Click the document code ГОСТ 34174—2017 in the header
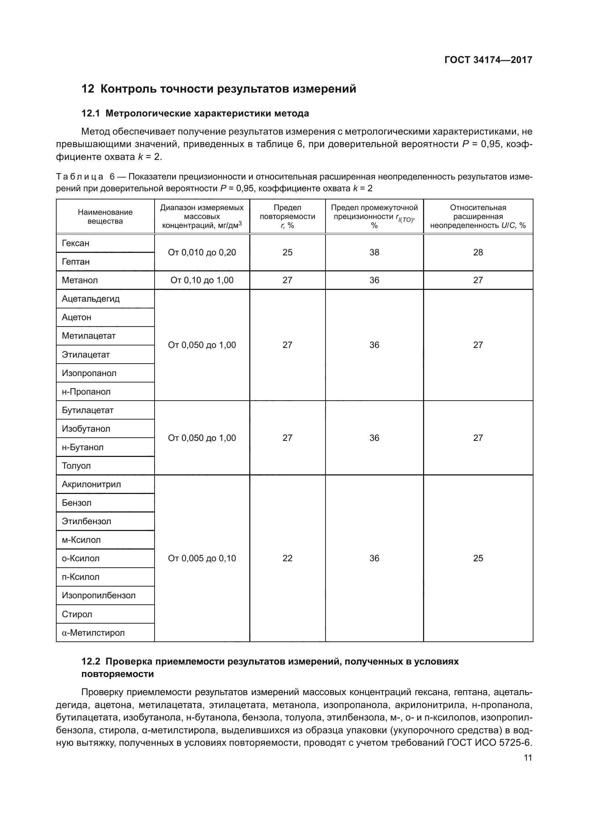click(x=488, y=60)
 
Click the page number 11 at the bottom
click(x=528, y=758)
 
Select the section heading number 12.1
click(x=90, y=114)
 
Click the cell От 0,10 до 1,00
click(x=202, y=280)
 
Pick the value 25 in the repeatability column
click(x=287, y=252)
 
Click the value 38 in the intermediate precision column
click(x=374, y=252)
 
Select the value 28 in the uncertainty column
click(x=478, y=252)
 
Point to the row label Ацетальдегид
click(x=90, y=299)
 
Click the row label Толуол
click(x=76, y=466)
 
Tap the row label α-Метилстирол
click(x=93, y=633)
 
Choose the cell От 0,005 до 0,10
click(x=202, y=558)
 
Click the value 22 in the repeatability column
click(x=287, y=558)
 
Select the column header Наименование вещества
click(x=105, y=217)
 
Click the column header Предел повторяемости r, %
click(x=287, y=217)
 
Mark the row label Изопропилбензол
click(x=98, y=596)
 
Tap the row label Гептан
click(x=75, y=262)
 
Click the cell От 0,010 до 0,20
click(x=202, y=252)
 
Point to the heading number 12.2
click(x=91, y=662)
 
